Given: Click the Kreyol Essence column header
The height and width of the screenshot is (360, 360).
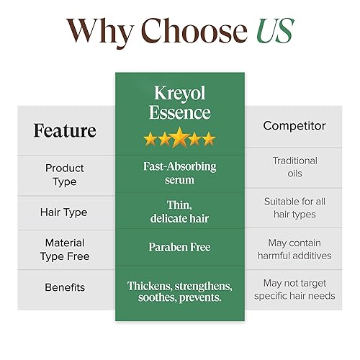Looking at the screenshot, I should (179, 102).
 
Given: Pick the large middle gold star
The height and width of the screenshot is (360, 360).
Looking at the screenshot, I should (179, 138).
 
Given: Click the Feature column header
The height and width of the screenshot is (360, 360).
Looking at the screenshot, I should (65, 130).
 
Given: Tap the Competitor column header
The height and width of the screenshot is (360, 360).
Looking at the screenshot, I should (294, 126).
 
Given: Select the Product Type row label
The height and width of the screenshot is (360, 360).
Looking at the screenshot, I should (65, 174).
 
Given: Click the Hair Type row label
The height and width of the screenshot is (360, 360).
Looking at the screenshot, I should (65, 212).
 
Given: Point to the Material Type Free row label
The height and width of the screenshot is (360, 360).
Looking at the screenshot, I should (65, 249).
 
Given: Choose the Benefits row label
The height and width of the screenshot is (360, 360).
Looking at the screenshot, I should (65, 287).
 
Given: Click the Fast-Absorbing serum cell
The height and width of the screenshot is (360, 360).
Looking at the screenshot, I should (179, 173).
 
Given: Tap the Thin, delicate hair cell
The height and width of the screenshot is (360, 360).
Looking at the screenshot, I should (179, 211).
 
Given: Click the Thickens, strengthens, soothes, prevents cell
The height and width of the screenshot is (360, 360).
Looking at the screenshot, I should (179, 292).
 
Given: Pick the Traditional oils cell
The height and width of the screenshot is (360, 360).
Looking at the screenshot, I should (294, 167).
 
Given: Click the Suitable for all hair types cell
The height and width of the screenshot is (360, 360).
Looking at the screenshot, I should (294, 208).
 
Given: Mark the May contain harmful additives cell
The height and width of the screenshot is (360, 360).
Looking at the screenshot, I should (294, 249).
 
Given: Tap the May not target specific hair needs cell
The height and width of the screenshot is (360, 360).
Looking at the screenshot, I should (294, 290).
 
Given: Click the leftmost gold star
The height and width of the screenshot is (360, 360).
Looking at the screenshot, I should (150, 139).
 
